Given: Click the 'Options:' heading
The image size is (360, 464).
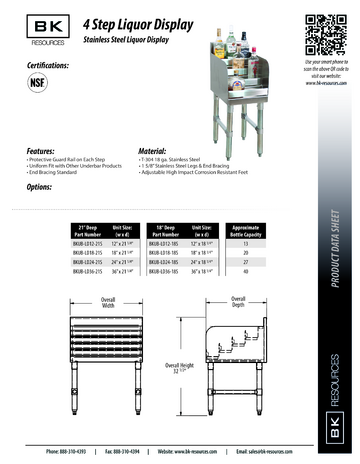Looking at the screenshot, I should [x=39, y=187].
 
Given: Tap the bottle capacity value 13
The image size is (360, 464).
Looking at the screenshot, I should [x=246, y=242].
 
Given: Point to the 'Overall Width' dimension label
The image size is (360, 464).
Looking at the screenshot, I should [x=107, y=302].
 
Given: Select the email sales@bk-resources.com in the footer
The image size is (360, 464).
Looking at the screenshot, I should [x=283, y=452].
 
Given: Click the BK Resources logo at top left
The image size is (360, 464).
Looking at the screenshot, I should [x=35, y=30].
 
